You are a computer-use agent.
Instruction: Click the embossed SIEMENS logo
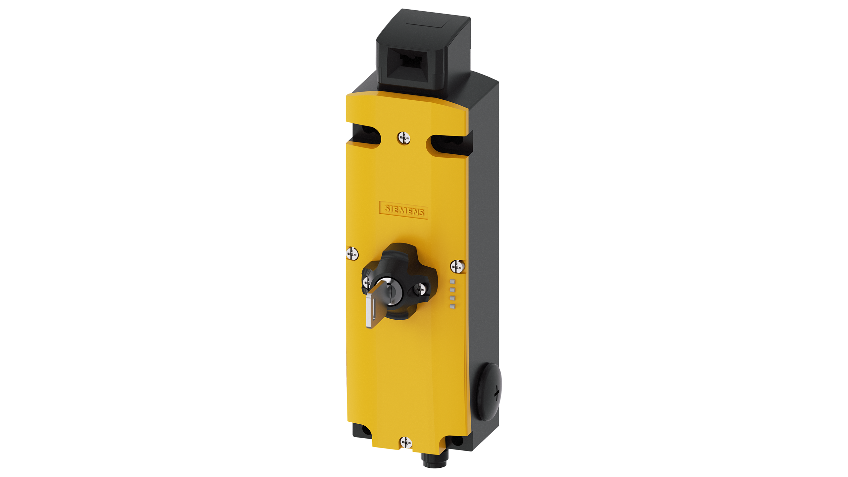(x=403, y=210)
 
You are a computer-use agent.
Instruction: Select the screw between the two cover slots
(x=404, y=137)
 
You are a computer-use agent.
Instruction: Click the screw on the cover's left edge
(x=352, y=254)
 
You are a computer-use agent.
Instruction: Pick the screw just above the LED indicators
(x=457, y=266)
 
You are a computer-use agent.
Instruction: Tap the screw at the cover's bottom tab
(x=406, y=442)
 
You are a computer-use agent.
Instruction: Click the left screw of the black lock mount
(x=367, y=283)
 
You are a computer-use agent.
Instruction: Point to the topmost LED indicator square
(x=452, y=282)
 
